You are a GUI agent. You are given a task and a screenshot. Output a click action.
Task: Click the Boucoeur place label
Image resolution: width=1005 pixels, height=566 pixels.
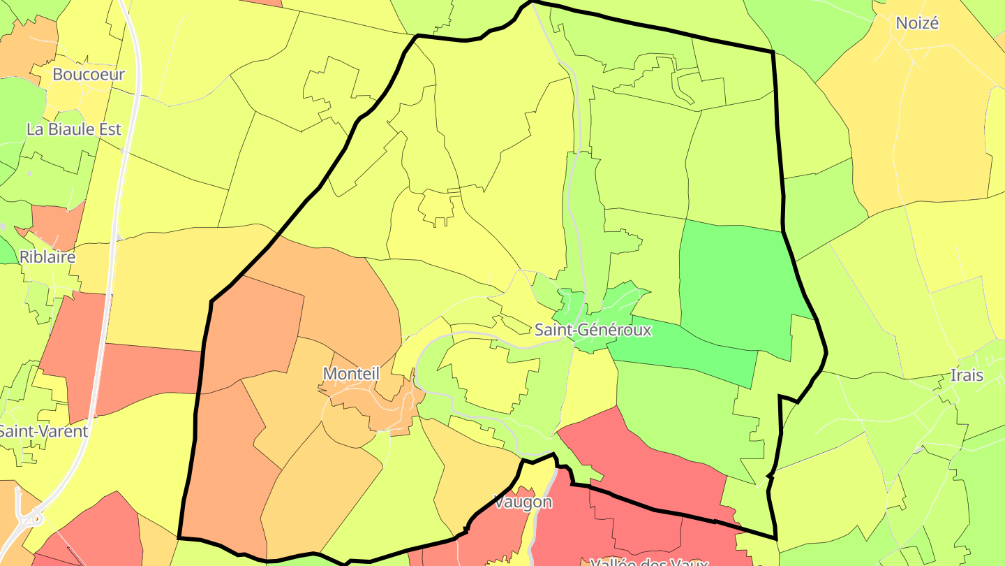[89, 74]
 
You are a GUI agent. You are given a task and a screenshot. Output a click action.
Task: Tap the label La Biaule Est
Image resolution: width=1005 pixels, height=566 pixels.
[74, 129]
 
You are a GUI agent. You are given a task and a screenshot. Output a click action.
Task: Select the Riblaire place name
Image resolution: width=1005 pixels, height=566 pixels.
[47, 256]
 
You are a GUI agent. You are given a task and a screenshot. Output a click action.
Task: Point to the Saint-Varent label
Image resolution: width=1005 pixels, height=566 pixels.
[43, 431]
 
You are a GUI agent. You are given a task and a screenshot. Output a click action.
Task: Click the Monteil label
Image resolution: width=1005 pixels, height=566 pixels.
[351, 374]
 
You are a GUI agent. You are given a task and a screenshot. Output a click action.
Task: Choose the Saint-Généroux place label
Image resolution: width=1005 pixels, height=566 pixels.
[593, 330]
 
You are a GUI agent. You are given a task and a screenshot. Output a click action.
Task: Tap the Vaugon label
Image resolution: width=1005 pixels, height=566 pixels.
[523, 502]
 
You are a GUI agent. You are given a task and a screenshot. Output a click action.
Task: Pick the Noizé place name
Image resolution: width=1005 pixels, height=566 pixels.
[917, 23]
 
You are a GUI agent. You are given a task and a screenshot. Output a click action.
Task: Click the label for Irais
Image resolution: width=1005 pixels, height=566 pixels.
[967, 375]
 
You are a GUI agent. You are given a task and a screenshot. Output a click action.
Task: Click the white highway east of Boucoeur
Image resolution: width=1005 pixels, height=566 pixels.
[135, 77]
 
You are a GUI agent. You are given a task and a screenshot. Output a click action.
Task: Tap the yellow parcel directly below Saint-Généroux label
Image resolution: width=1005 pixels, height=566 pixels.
[588, 381]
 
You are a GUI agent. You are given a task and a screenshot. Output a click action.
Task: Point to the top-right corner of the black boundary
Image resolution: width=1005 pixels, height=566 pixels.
[773, 52]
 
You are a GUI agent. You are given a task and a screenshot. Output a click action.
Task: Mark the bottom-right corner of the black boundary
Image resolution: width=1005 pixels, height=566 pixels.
[775, 538]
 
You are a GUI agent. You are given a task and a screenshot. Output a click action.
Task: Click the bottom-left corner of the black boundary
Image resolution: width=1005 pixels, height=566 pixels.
[180, 537]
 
